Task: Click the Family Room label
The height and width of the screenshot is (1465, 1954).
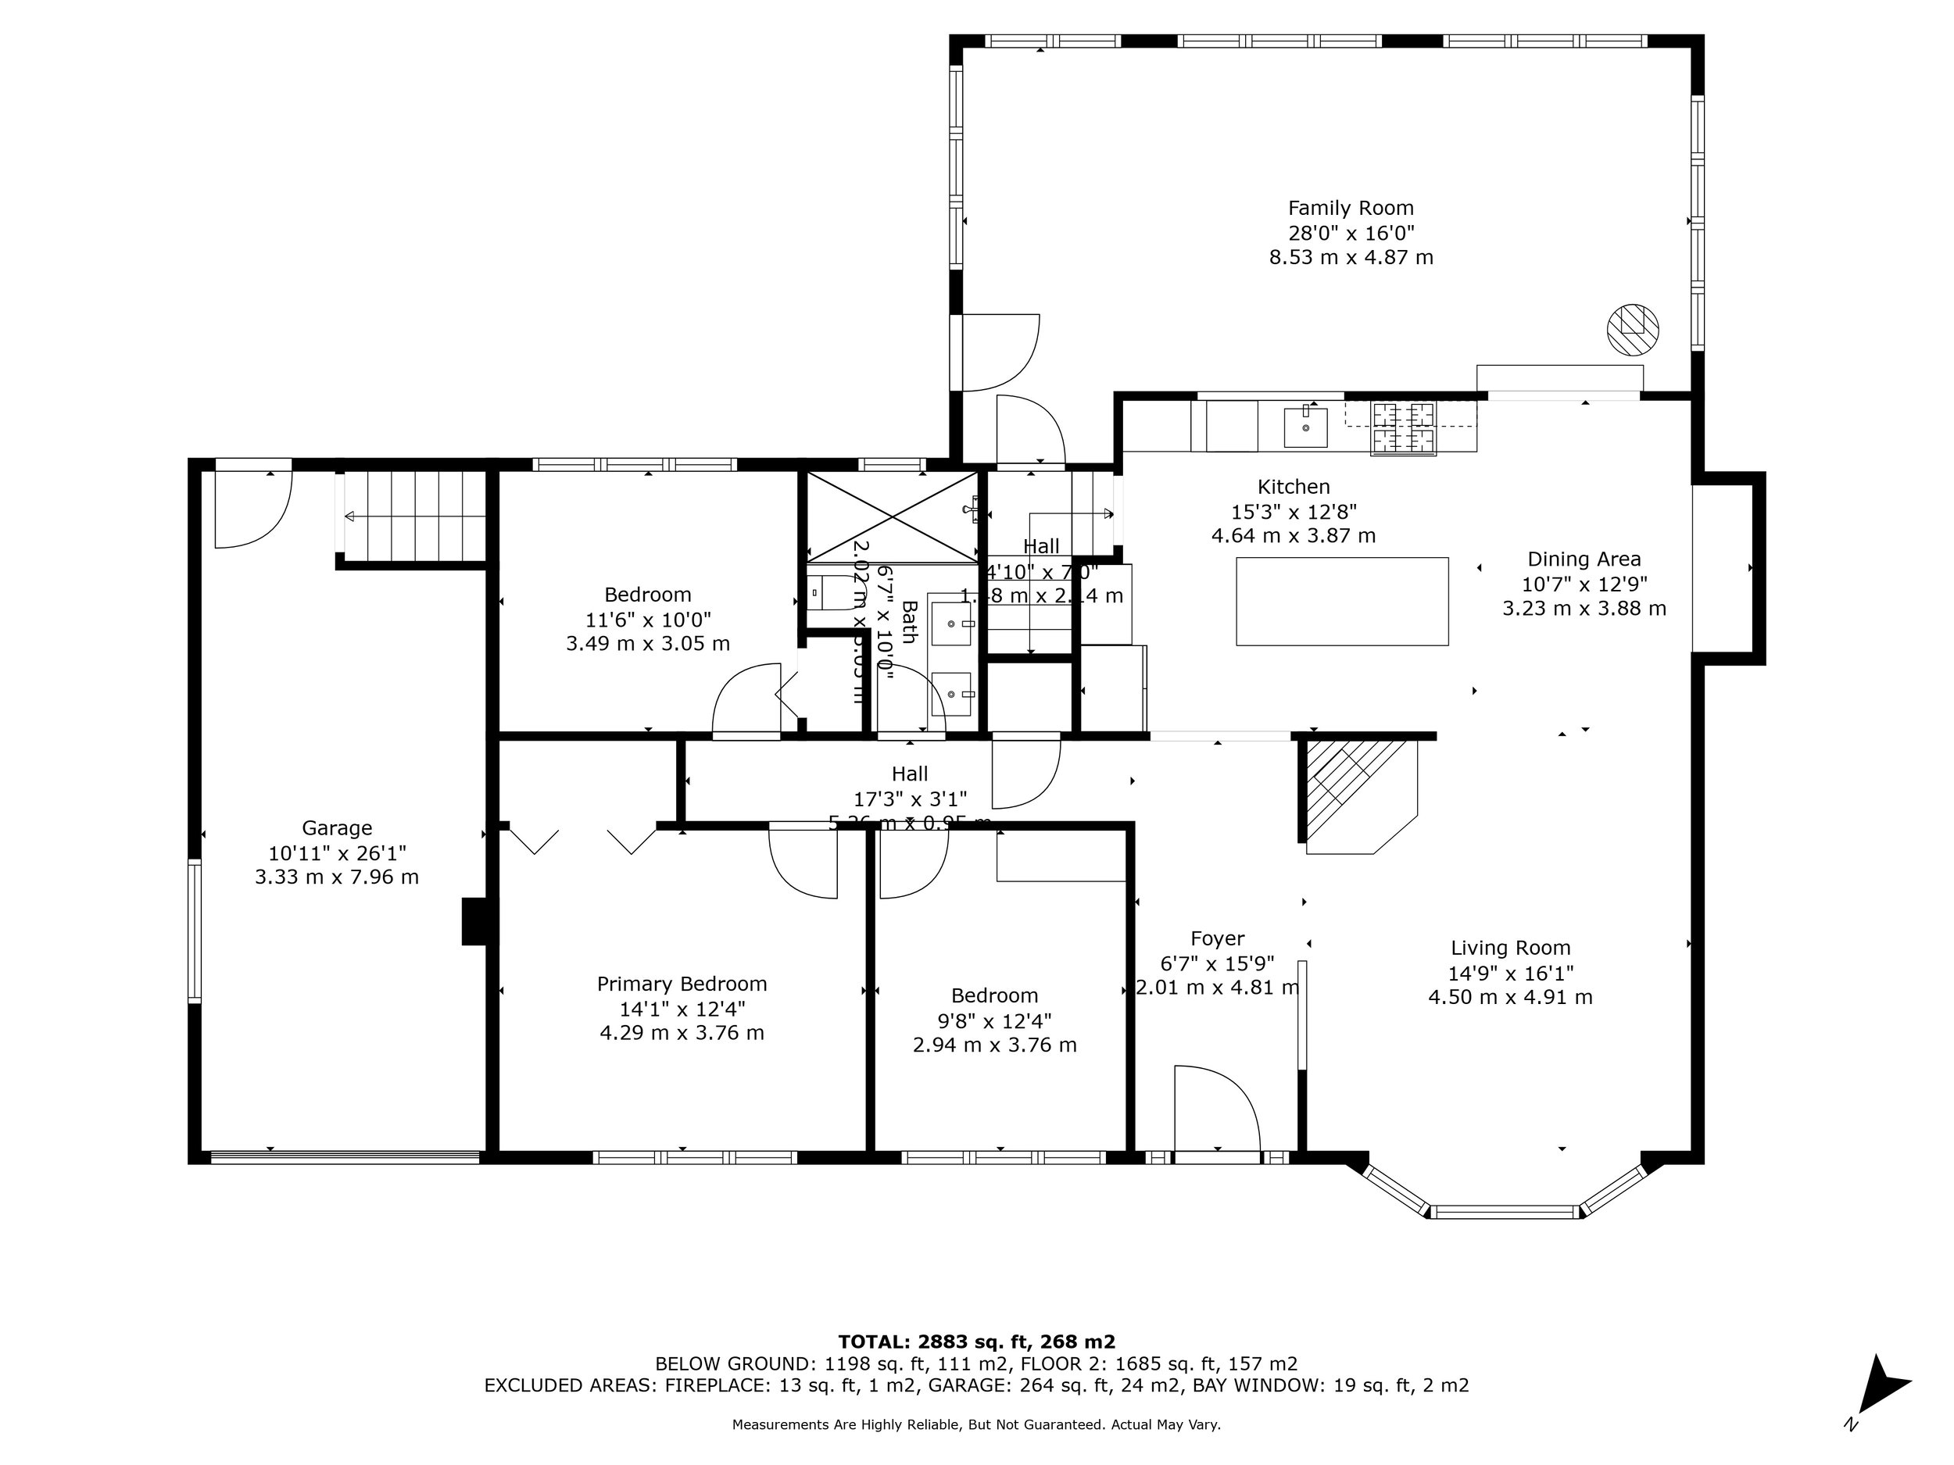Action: coord(1350,209)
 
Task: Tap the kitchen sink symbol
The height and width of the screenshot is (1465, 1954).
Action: coord(1304,427)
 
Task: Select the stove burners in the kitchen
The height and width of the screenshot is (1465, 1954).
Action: coord(1403,428)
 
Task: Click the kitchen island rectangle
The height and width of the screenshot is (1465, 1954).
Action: coord(1341,602)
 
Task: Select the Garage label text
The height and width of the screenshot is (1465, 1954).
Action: coord(337,828)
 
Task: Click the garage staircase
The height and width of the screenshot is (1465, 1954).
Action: coord(414,516)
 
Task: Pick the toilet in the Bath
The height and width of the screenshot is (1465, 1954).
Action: coord(826,593)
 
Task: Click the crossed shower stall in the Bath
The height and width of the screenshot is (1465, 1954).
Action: coord(893,517)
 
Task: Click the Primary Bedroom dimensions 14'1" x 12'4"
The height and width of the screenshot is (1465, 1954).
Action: coord(682,1009)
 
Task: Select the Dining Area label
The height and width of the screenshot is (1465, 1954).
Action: coord(1583,559)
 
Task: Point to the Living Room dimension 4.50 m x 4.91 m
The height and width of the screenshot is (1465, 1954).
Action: coord(1510,998)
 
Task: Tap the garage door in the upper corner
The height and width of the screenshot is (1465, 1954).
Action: coord(253,508)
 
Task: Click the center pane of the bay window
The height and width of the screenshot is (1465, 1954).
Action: coord(1504,1212)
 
